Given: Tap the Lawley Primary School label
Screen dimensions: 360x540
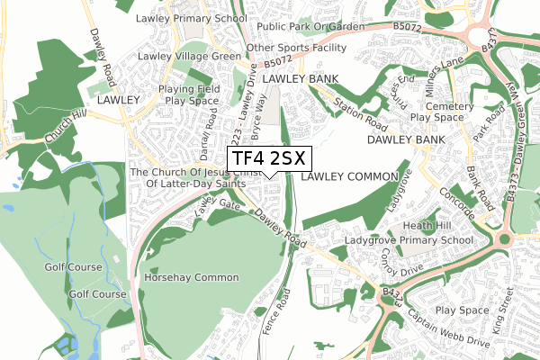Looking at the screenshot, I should click(x=191, y=18).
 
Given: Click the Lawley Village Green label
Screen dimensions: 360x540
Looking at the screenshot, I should click(x=189, y=56).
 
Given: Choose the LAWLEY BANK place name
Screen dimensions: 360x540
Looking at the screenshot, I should click(x=301, y=80).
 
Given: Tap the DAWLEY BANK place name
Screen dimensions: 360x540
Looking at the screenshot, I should click(x=406, y=141).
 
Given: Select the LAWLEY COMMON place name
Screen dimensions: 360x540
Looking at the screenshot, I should click(x=350, y=176).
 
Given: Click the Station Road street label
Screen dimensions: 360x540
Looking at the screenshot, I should click(x=353, y=113).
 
